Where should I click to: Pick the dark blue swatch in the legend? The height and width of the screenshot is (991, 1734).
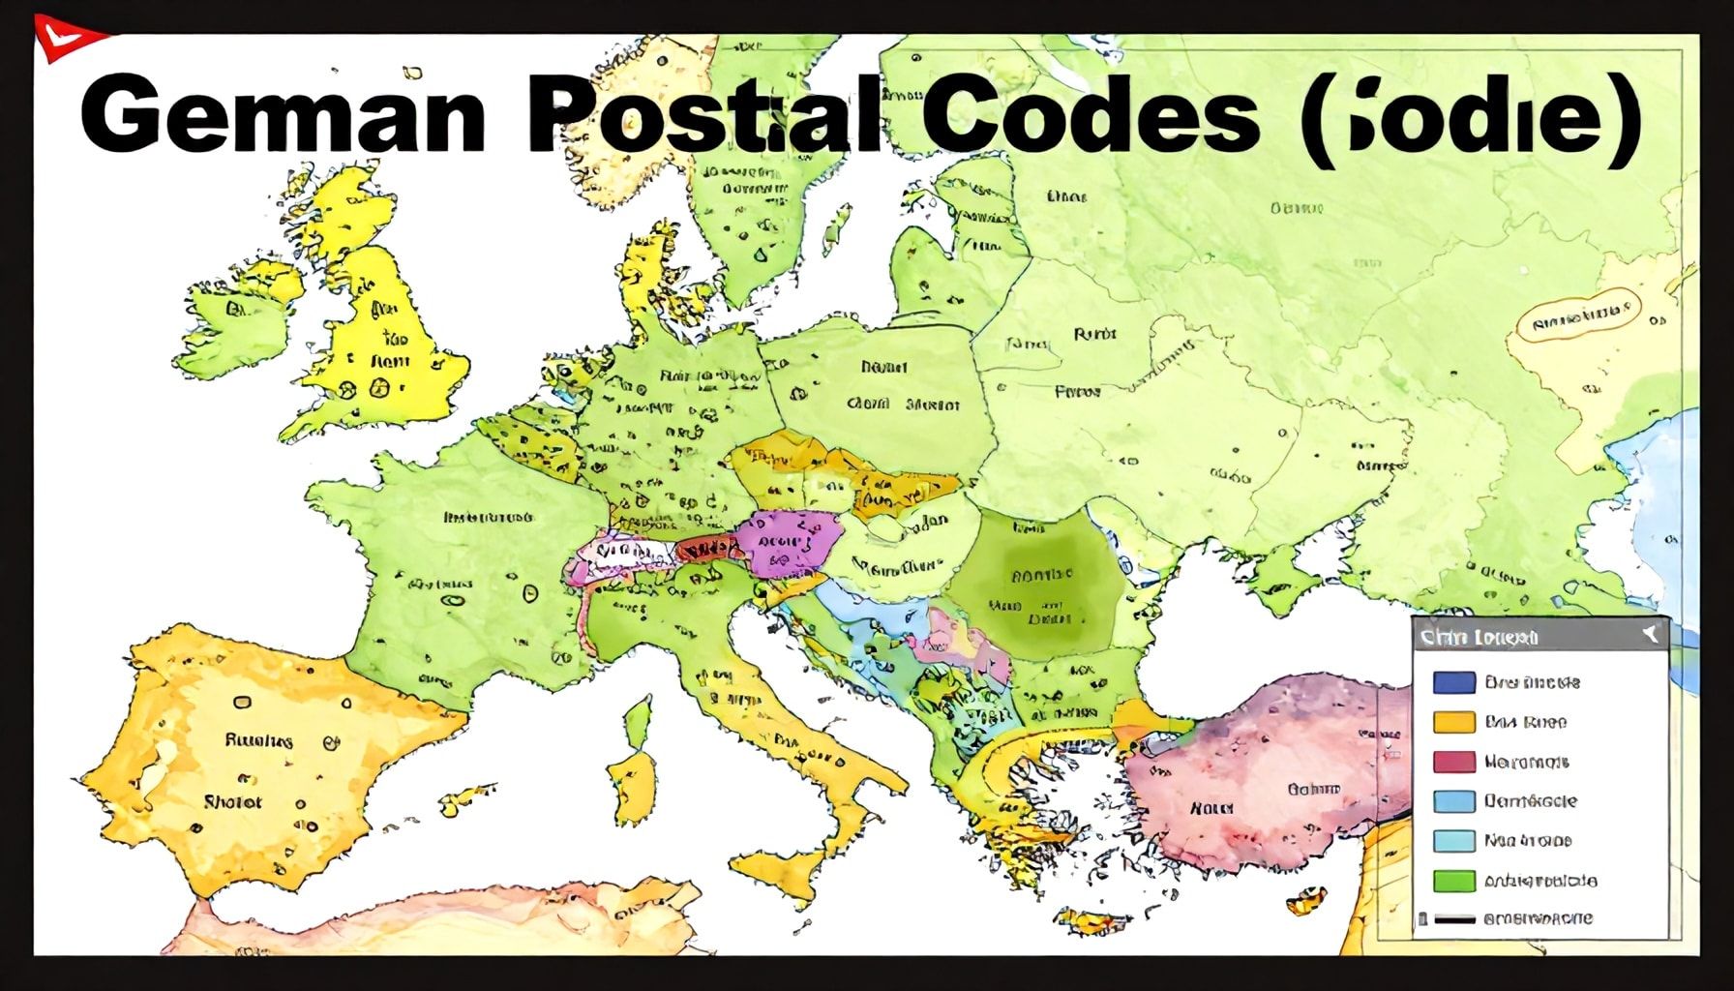(1453, 682)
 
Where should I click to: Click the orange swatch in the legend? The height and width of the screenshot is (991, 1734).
(1453, 722)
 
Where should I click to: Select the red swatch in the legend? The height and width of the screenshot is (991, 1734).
(1453, 762)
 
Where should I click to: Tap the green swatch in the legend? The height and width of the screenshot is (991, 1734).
(1453, 881)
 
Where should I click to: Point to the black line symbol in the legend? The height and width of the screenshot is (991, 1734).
(1453, 918)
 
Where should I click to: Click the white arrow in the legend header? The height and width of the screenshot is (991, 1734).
(1651, 635)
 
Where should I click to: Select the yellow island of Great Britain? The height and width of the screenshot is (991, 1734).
(387, 339)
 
